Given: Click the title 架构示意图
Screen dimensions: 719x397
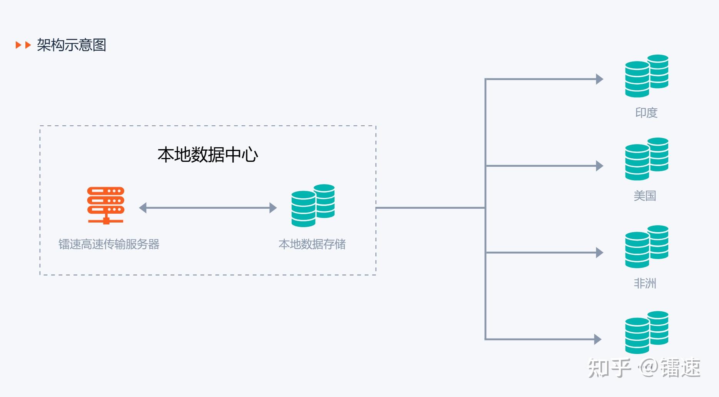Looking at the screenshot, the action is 72,45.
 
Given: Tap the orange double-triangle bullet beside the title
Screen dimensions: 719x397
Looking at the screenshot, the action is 23,45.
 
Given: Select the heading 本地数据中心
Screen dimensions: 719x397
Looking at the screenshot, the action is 208,154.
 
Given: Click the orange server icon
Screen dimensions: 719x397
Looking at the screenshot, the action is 106,205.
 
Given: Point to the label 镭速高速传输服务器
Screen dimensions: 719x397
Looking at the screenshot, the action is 109,244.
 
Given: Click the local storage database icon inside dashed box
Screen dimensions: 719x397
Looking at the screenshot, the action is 313,205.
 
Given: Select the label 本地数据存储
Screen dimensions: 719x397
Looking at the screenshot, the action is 312,244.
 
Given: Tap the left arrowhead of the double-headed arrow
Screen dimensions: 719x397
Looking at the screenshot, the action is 143,208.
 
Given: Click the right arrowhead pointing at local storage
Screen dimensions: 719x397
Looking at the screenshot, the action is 273,208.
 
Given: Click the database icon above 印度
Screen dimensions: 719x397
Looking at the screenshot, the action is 647,76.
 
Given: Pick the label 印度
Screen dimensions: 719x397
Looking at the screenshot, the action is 646,113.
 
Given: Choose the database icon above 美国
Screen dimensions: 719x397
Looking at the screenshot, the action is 647,159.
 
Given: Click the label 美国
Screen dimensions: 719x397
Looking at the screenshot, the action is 645,196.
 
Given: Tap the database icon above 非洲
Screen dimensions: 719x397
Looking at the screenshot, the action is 647,246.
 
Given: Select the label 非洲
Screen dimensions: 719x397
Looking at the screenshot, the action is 645,283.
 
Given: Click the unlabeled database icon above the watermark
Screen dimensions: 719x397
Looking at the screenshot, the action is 647,332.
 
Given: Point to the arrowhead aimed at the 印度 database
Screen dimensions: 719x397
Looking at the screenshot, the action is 599,79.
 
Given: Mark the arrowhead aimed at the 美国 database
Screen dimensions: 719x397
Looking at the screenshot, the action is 599,166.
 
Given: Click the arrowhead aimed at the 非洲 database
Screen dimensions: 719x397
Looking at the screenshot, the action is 599,252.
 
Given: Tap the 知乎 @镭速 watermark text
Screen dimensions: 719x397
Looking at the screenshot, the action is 644,368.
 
